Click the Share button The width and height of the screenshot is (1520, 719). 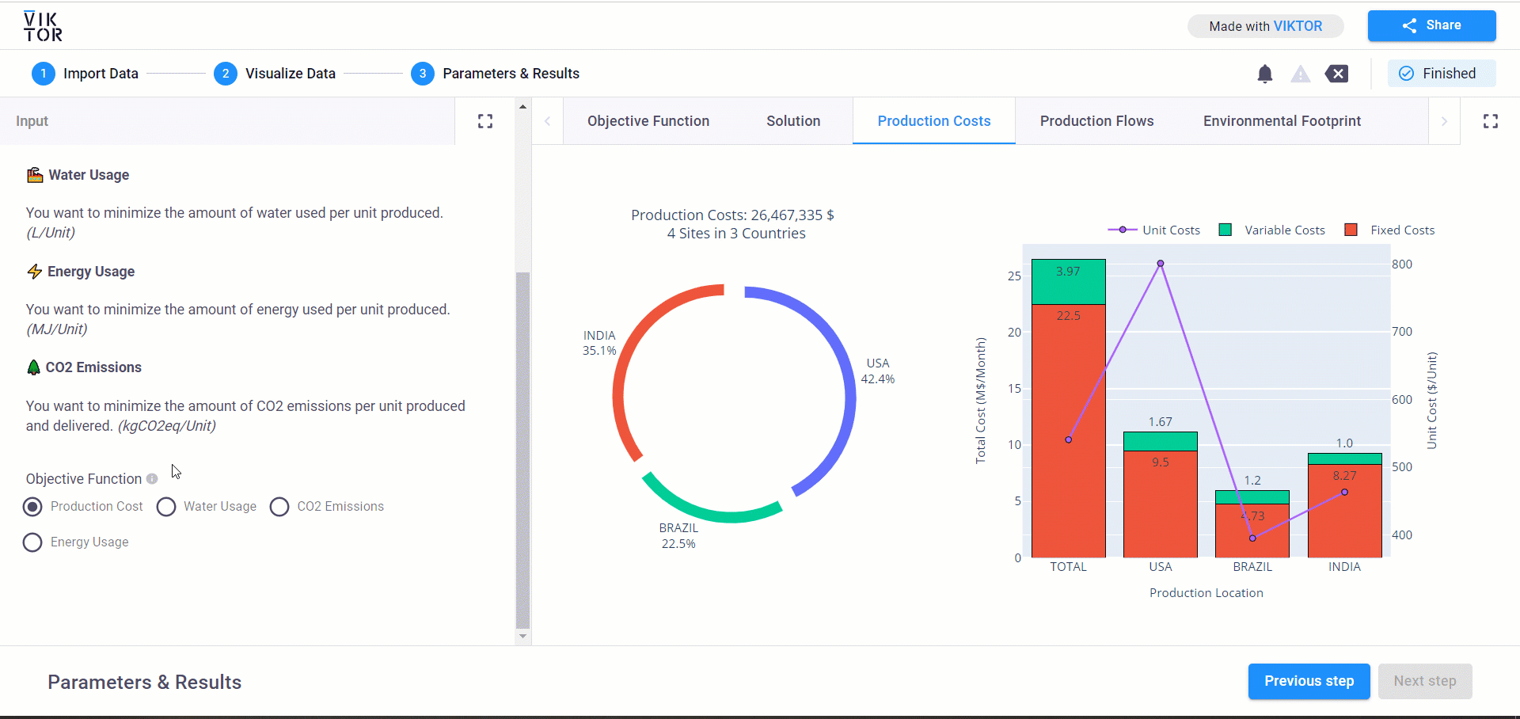[1431, 25]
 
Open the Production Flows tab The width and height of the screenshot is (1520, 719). [1096, 121]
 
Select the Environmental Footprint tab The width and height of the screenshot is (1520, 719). [1282, 121]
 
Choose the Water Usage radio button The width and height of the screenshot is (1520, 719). [166, 507]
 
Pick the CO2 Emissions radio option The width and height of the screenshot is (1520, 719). [279, 507]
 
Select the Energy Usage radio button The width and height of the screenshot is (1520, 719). [32, 542]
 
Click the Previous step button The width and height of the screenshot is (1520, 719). [1309, 681]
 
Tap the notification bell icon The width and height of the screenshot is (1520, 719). [1265, 74]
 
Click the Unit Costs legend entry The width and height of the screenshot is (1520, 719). [1154, 230]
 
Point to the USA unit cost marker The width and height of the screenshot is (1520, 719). [1161, 264]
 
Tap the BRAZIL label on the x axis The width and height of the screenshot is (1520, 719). [1252, 567]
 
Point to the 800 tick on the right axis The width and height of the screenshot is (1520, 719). [1402, 264]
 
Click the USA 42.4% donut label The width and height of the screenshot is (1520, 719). [877, 371]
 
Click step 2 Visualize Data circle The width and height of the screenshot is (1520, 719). [226, 74]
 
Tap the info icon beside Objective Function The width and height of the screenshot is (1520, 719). [152, 479]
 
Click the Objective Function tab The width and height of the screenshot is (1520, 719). [648, 121]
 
